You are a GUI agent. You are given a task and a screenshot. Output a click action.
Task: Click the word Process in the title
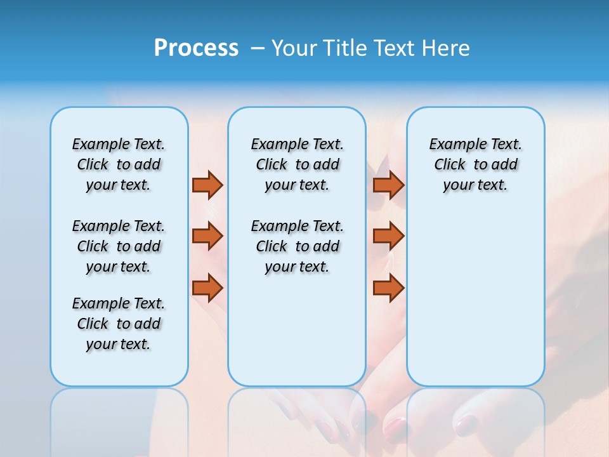196,48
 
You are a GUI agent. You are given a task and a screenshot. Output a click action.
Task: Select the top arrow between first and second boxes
207,185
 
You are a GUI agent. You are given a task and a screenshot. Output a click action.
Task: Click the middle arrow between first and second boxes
207,235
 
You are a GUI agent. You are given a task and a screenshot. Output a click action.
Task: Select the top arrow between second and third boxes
388,185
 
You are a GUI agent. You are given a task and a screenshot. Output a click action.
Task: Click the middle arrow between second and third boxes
388,235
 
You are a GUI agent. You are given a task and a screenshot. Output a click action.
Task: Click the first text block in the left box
119,164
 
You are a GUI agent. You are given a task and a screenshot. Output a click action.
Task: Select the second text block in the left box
119,246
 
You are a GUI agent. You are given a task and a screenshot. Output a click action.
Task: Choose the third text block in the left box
119,324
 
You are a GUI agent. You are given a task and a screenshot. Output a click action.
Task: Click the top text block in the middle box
297,164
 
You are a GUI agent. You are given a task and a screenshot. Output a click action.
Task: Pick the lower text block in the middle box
297,246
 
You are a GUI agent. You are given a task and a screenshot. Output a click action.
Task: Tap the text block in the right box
475,164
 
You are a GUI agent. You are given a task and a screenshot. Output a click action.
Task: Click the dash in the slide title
257,49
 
